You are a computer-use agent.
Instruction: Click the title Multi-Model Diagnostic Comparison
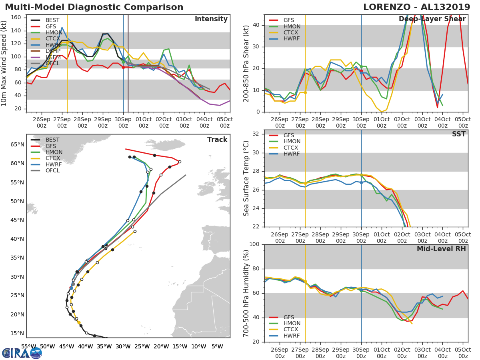[x=94, y=7]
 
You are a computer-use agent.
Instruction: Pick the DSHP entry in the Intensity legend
[x=52, y=50]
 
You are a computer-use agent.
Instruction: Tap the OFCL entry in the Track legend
[x=53, y=170]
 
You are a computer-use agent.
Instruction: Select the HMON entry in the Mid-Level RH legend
[x=291, y=321]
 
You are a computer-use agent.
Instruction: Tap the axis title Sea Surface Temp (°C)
[x=246, y=178]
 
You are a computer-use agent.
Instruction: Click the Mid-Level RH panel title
[x=441, y=249]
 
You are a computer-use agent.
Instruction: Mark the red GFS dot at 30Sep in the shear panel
[x=361, y=71]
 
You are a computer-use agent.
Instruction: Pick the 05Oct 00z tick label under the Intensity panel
[x=225, y=122]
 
